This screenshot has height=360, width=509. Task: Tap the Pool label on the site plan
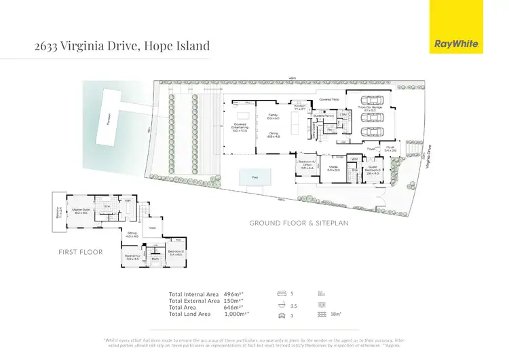pos(254,177)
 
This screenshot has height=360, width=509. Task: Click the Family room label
pos(274,116)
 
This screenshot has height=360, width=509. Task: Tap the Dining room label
pos(274,135)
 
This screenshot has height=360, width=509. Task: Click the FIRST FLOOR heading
pos(80,252)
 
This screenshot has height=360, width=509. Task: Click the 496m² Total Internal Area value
pos(233,294)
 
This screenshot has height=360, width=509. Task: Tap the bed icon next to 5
pos(281,294)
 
